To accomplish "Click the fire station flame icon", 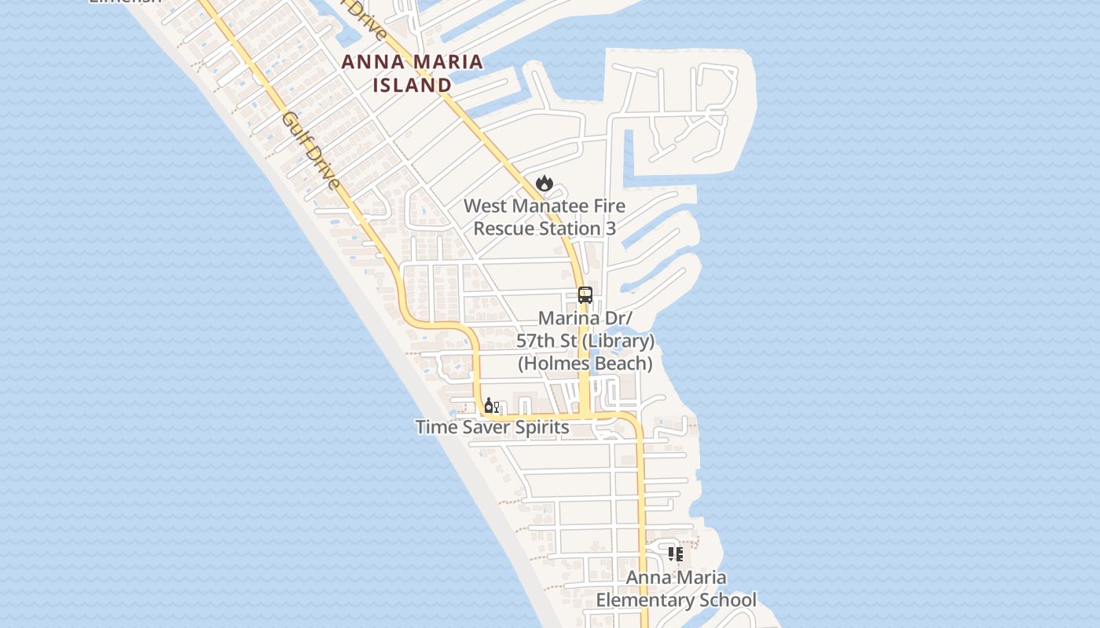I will pos(544,184).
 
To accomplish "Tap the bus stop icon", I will pos(585,295).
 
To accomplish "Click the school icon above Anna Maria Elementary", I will pos(675,554).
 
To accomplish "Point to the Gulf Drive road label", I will pos(311,152).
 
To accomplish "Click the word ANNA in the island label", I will pos(372,62).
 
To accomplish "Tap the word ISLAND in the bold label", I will pos(412,85).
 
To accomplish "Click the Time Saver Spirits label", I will pos(492,427).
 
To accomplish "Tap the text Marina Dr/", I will pos(585,319).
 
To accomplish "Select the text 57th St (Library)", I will pos(585,341).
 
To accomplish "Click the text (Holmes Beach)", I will pos(585,363).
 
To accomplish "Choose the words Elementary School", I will pos(676,601).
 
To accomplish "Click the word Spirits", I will pos(539,427).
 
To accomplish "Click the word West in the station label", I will pos(484,206).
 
